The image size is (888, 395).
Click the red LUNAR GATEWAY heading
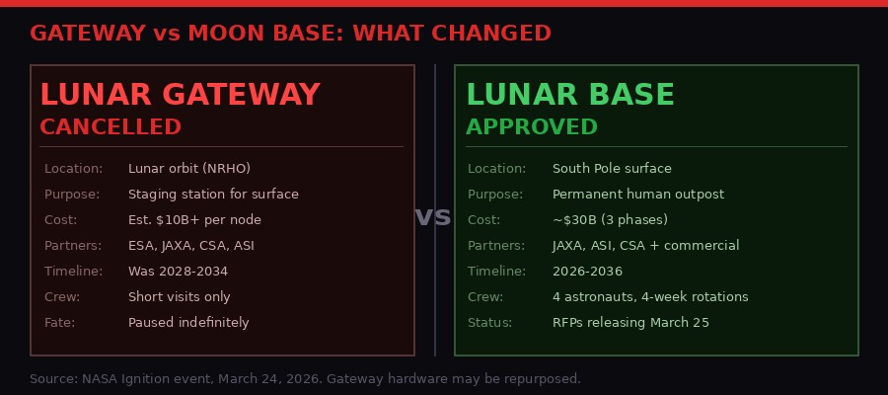[180, 95]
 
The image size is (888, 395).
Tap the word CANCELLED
[111, 127]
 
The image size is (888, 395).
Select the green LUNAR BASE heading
[570, 95]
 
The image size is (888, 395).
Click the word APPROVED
[532, 127]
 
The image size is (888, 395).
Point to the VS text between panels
[433, 217]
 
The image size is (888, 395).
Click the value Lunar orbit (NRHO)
[188, 169]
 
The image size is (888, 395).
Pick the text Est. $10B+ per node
[194, 220]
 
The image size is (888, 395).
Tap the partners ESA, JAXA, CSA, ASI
[190, 246]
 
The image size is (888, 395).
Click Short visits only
[179, 297]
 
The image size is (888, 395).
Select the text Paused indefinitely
[188, 323]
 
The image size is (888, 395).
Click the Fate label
[59, 323]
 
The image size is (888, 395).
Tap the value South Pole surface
[612, 169]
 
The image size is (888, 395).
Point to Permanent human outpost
[637, 195]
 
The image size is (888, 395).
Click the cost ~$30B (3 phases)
[610, 220]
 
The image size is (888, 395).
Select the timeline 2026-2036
[587, 272]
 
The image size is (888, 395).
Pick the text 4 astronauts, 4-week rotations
[650, 297]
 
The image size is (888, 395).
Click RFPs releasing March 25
[630, 323]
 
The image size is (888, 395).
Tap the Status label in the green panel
[489, 323]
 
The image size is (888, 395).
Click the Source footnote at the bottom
[305, 378]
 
